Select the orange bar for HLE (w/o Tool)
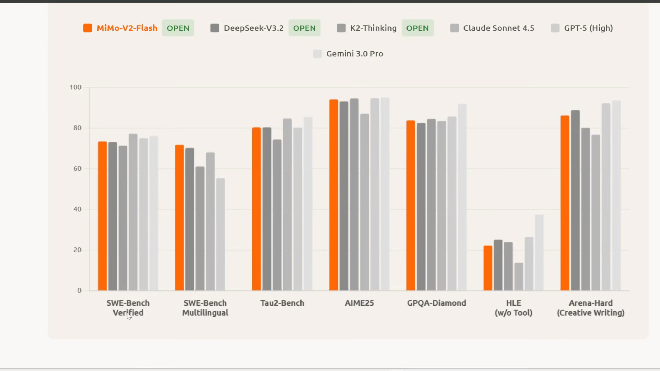[x=488, y=268]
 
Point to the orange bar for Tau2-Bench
[x=256, y=209]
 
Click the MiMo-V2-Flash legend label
[x=127, y=28]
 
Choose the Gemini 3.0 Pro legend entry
[x=355, y=54]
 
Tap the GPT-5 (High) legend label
[x=588, y=28]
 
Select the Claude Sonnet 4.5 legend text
[x=499, y=28]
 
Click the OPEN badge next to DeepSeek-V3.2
[x=304, y=28]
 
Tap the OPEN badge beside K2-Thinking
[x=417, y=28]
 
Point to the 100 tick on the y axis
[x=75, y=87]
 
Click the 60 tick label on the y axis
[x=77, y=169]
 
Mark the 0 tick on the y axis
[x=79, y=291]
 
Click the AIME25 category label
[x=359, y=303]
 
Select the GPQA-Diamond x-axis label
[x=436, y=303]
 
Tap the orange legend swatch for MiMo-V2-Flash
[x=87, y=28]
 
